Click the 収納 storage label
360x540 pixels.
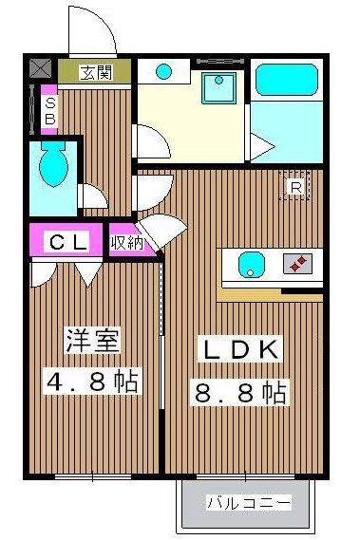point(126,242)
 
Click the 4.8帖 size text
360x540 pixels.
point(92,383)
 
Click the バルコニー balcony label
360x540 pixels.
point(249,503)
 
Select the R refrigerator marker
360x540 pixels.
point(295,187)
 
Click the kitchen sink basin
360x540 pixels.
point(251,263)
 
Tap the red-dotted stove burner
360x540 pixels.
point(299,263)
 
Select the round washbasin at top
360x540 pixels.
point(165,71)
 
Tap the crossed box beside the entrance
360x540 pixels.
point(42,68)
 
